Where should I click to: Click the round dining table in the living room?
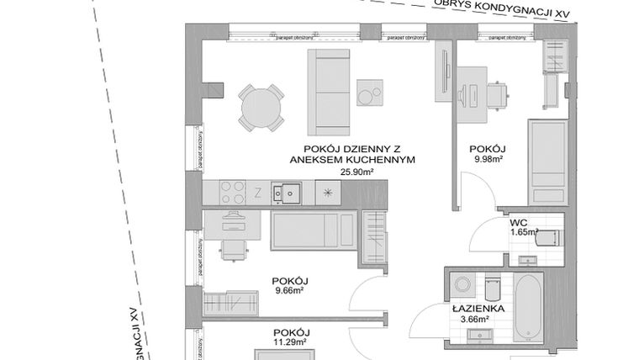tap(259, 106)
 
